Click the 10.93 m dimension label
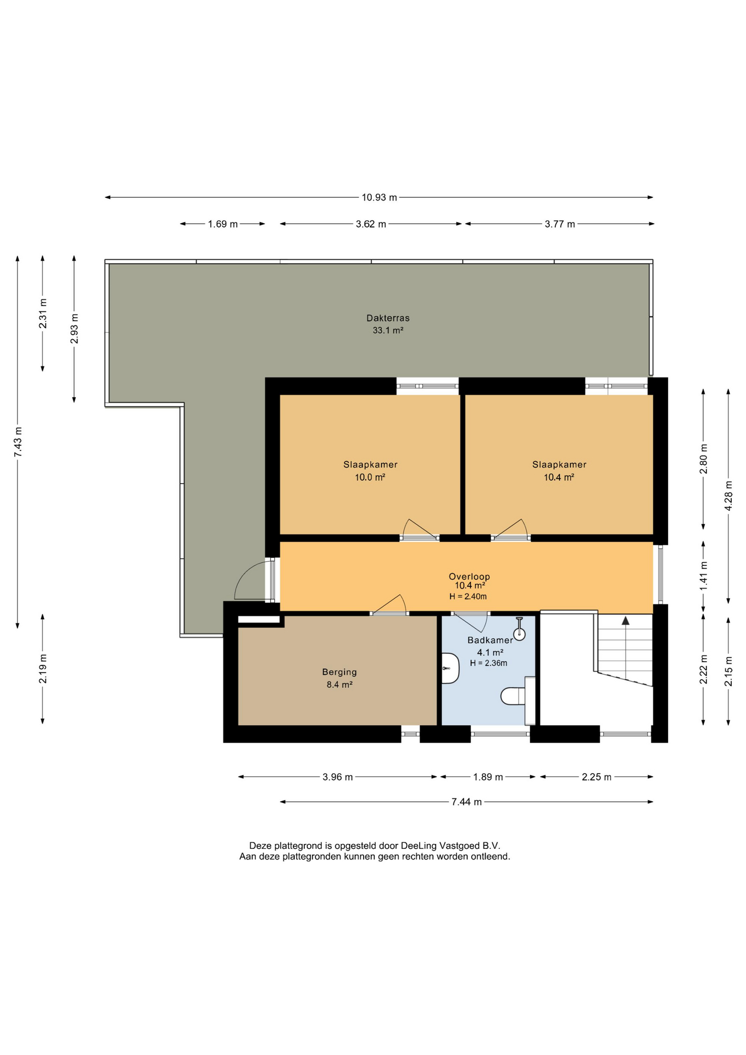coord(379,197)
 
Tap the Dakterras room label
coord(388,318)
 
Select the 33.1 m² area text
coord(388,330)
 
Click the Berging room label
coord(339,671)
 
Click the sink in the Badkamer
coord(450,668)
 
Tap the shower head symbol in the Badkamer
coord(519,628)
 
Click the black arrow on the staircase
coord(625,620)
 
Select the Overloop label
coord(469,576)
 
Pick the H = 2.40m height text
coord(468,596)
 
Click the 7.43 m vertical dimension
coord(18,442)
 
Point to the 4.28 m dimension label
coord(728,496)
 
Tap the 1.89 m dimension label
coord(488,776)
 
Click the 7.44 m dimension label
coord(466,802)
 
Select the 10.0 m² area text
coord(370,477)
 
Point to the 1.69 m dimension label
coord(222,224)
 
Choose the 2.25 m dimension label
coord(596,776)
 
